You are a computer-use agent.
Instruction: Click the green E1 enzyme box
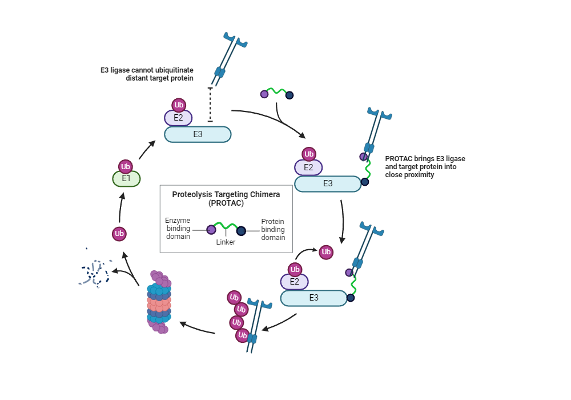(x=126, y=179)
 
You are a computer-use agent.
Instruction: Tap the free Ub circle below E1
(x=119, y=233)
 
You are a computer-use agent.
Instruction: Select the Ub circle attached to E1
(x=126, y=166)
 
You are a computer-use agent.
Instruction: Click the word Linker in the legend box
(x=226, y=242)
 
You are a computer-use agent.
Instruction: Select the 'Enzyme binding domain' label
(x=178, y=229)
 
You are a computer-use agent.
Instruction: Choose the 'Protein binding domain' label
(x=272, y=229)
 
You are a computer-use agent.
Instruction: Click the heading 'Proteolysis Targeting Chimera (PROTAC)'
(x=226, y=198)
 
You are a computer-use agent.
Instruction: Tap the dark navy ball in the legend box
(x=241, y=230)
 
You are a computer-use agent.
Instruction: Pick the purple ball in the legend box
(x=211, y=230)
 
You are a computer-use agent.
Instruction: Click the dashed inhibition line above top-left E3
(x=210, y=104)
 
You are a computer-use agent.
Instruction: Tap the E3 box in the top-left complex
(x=198, y=134)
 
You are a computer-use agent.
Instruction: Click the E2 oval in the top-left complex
(x=178, y=118)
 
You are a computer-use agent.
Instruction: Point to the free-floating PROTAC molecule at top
(x=277, y=93)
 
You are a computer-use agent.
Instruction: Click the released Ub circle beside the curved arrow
(x=326, y=251)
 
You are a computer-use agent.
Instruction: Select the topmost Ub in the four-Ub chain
(x=234, y=297)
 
